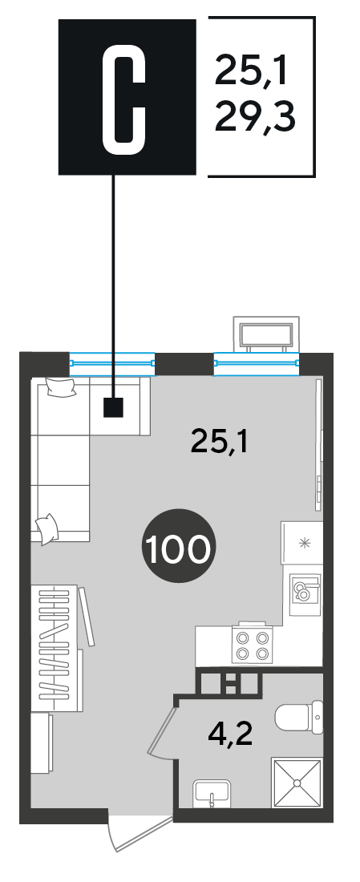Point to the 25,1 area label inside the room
(220, 442)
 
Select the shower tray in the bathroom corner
(297, 783)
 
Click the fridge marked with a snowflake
(302, 543)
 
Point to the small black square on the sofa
(113, 407)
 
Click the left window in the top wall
(112, 362)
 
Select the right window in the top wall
(257, 362)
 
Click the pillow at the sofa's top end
(61, 386)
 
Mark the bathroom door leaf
(162, 726)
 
